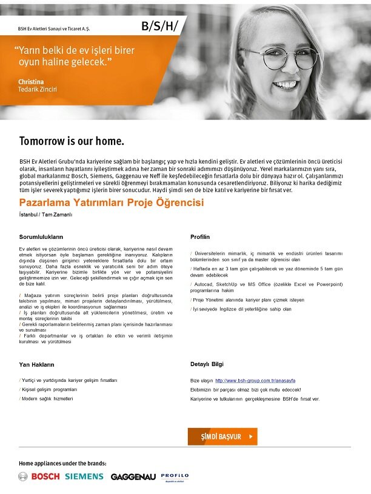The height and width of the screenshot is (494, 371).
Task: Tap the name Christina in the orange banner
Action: [32, 81]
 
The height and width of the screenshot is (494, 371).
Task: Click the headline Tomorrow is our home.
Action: [72, 142]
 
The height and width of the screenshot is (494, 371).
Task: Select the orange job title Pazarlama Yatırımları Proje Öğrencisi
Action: [112, 202]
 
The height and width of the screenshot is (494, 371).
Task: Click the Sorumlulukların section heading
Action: [41, 236]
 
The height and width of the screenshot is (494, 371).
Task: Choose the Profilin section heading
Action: [200, 236]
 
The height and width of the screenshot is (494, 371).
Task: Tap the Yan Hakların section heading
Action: [37, 365]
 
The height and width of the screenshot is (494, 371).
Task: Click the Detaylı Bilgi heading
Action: [207, 364]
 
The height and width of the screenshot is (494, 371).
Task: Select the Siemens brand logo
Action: [85, 476]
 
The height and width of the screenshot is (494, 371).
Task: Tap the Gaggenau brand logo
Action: [133, 477]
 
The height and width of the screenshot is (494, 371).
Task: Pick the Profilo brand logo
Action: [175, 476]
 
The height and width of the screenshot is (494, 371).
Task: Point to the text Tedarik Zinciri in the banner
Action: [38, 90]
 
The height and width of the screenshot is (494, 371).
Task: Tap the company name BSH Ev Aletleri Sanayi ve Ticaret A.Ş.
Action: [58, 28]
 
